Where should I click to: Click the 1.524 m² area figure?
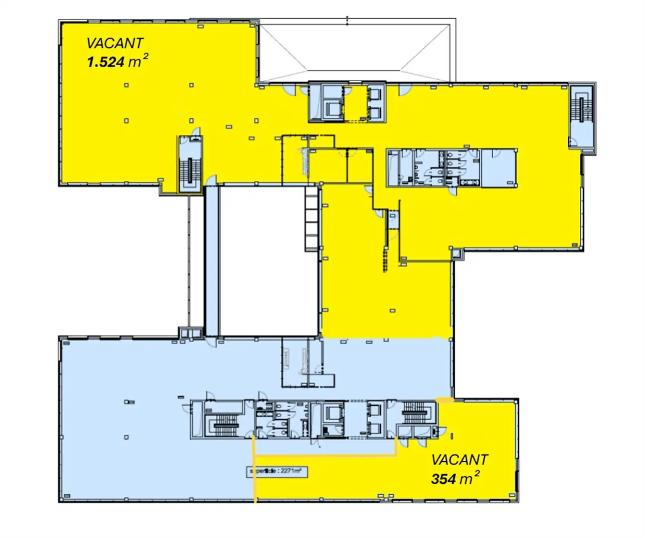pyautogui.click(x=117, y=62)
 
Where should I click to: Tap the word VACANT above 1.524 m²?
pyautogui.click(x=115, y=43)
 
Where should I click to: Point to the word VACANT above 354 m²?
pyautogui.click(x=459, y=460)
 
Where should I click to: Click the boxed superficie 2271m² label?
pyautogui.click(x=277, y=471)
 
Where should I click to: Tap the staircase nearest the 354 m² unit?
pyautogui.click(x=415, y=412)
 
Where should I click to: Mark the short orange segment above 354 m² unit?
pyautogui.click(x=445, y=400)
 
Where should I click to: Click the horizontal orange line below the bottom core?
pyautogui.click(x=324, y=456)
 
